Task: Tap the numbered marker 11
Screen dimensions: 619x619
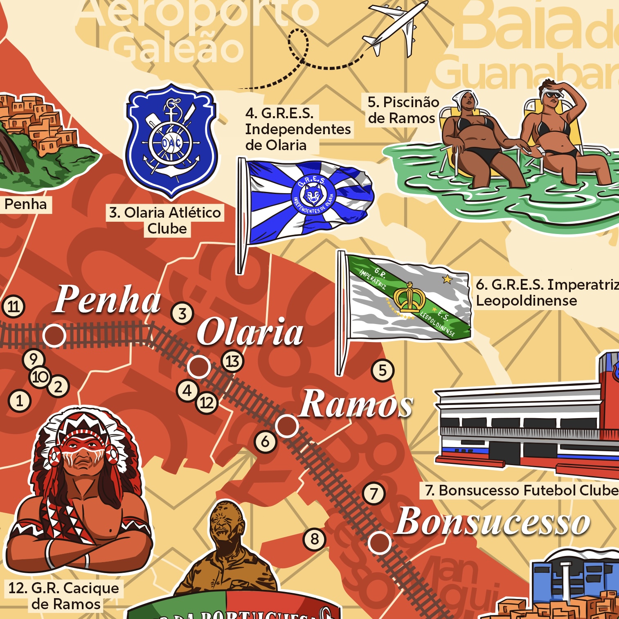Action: tap(14, 306)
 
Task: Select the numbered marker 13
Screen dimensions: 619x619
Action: tap(232, 361)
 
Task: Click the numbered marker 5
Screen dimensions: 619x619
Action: tap(383, 370)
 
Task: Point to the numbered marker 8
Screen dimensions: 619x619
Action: tap(314, 539)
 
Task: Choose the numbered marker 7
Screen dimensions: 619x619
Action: tap(374, 494)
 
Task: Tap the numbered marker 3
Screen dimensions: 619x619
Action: tap(182, 313)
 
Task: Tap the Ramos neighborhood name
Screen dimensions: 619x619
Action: tap(356, 404)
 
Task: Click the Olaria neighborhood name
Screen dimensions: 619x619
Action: tap(250, 332)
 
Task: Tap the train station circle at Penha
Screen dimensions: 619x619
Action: tap(54, 335)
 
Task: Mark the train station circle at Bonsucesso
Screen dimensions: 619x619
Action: tap(379, 542)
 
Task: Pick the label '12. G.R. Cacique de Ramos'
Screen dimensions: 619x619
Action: tap(65, 596)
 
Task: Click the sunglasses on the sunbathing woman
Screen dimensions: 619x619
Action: tap(553, 95)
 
